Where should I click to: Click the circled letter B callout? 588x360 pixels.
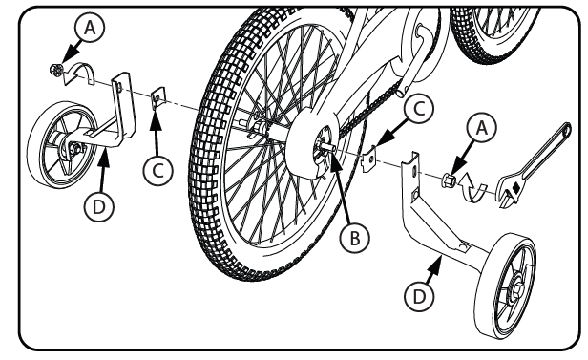[354, 238]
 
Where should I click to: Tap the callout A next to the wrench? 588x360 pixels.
[481, 128]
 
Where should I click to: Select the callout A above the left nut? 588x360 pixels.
[90, 27]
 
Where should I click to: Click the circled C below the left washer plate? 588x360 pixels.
[157, 171]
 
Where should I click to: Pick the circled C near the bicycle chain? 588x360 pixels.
[418, 109]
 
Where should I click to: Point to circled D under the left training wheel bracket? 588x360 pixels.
[98, 206]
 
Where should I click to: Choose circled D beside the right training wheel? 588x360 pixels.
[419, 297]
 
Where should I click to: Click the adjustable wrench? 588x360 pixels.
[533, 165]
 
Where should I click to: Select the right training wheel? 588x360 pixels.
[506, 286]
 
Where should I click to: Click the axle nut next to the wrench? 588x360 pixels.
[449, 180]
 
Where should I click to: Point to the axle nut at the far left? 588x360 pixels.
[56, 70]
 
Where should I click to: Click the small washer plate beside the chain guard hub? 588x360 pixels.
[369, 159]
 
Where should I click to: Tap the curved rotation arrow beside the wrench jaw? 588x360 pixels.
[473, 187]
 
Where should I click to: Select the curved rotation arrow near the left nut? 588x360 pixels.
[78, 74]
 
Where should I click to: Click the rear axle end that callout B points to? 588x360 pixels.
[327, 146]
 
